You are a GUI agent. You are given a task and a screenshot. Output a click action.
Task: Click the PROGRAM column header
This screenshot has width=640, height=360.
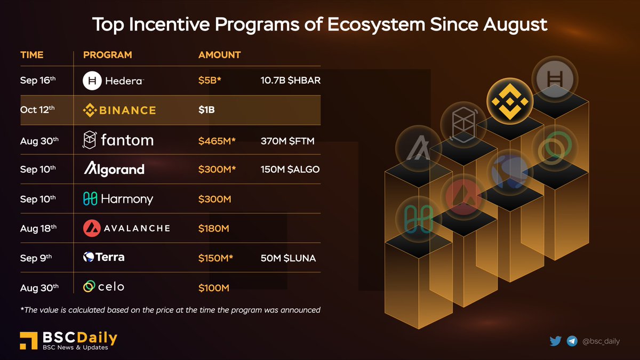tap(108, 55)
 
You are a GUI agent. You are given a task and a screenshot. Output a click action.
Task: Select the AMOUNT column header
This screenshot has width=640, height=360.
tap(219, 55)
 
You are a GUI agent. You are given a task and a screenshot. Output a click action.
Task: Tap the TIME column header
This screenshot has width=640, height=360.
tap(32, 55)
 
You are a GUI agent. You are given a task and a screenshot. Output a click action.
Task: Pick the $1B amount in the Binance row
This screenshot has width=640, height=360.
tap(207, 110)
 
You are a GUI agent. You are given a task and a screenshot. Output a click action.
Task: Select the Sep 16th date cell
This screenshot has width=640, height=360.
tap(38, 81)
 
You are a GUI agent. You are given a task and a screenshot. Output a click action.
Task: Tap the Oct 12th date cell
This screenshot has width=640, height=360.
tap(37, 110)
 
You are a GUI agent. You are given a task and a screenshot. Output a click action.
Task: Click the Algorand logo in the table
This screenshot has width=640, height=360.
tap(114, 170)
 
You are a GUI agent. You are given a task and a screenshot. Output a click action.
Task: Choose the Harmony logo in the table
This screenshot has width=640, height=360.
tap(118, 199)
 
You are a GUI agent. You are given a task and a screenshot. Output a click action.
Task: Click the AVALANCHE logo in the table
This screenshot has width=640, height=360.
tap(127, 228)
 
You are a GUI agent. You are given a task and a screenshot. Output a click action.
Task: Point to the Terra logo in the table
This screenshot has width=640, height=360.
tap(104, 258)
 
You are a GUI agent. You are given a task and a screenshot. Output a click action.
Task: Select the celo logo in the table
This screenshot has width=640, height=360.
tap(104, 287)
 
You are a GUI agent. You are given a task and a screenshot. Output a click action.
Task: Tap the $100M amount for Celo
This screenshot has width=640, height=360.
tap(214, 288)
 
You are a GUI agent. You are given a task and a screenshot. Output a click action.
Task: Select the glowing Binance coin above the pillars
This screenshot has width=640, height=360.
tap(509, 100)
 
